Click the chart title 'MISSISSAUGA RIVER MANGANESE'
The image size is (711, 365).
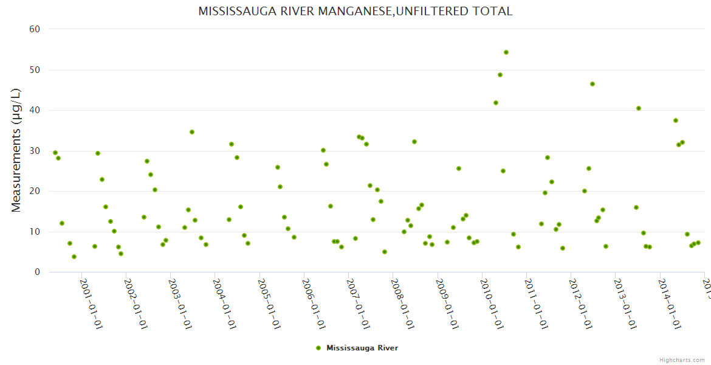click(355, 11)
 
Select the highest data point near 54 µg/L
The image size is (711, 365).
click(506, 52)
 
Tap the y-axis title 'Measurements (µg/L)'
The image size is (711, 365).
click(16, 150)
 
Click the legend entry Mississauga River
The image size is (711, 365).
click(362, 348)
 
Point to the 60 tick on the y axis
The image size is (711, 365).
click(35, 29)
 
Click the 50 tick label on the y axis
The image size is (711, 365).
click(35, 70)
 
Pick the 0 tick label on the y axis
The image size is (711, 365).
click(38, 273)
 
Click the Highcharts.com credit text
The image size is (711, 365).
click(682, 360)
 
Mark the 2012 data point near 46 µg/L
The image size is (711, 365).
click(592, 84)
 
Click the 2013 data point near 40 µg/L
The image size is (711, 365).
click(639, 108)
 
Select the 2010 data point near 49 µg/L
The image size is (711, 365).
click(500, 75)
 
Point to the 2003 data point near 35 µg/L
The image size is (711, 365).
click(192, 132)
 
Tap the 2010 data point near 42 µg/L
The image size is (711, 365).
click(496, 103)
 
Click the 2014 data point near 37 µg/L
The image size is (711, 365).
click(676, 120)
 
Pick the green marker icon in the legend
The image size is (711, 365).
click(318, 348)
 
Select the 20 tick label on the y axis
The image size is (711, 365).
click(35, 192)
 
